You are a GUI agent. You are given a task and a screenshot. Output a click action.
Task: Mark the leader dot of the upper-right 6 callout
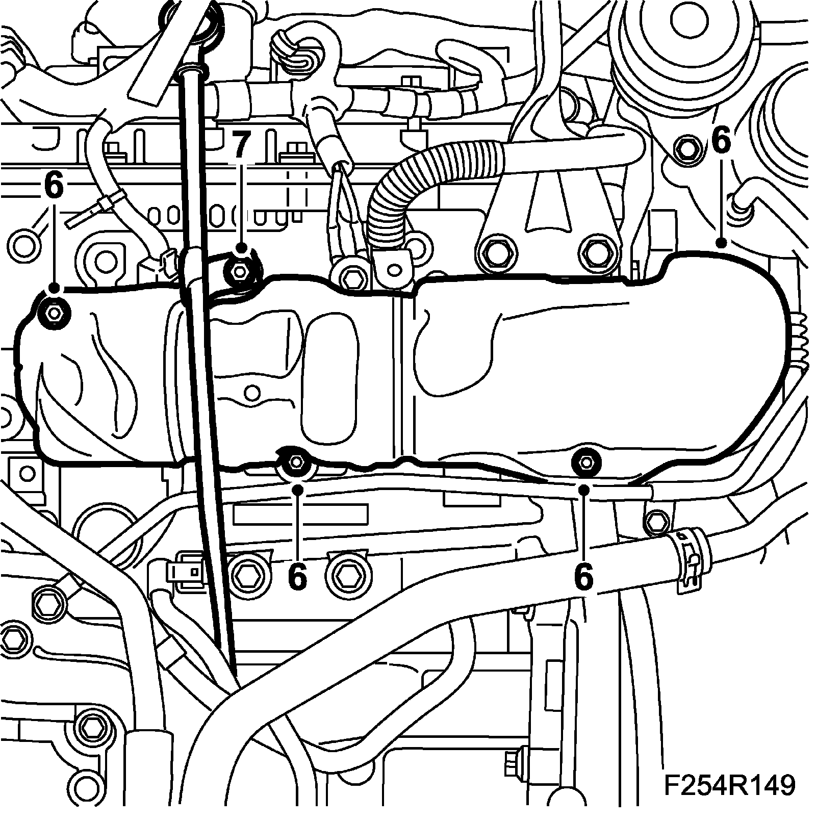(x=721, y=243)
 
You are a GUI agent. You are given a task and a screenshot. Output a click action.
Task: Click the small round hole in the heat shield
(x=250, y=392)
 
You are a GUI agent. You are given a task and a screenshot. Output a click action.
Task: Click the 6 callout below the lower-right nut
(x=584, y=577)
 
